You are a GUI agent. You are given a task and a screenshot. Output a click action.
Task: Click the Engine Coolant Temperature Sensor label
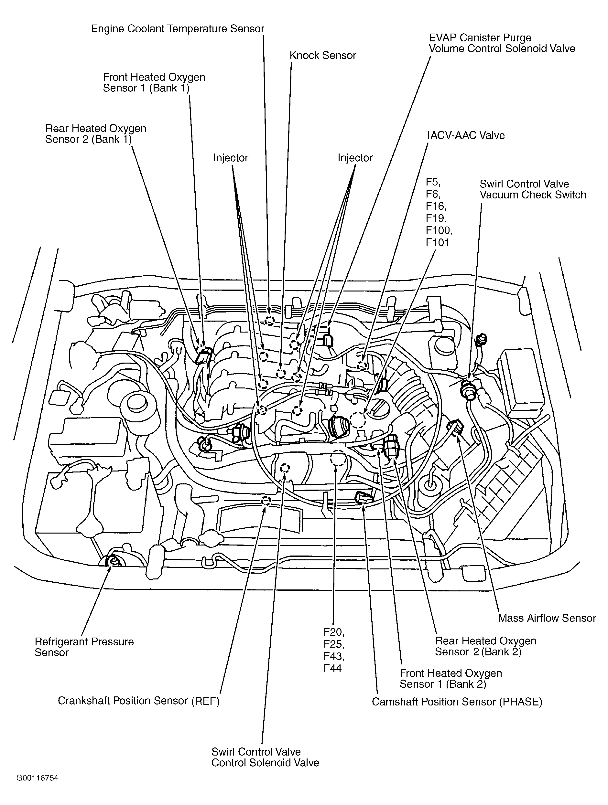(178, 29)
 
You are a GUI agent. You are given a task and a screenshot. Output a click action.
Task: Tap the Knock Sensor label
(323, 55)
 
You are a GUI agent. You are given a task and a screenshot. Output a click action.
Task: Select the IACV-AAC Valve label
(466, 135)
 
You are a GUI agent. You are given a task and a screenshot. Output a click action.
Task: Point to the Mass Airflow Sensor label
(547, 618)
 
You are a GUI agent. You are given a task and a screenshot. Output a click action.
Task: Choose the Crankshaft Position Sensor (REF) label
(139, 701)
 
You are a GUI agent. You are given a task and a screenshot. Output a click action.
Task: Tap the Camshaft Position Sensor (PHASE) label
(457, 702)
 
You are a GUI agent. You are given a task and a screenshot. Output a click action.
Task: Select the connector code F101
(438, 242)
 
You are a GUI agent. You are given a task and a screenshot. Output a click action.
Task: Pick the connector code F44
(332, 668)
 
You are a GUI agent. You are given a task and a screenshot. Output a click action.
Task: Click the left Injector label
(231, 158)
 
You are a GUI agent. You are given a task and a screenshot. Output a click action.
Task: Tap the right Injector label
(355, 158)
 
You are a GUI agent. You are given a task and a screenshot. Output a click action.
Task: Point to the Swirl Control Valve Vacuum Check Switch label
(533, 189)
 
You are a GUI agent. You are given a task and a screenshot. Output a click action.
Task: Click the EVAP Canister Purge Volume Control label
(502, 43)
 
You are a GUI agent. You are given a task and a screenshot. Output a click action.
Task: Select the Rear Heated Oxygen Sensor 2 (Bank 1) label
(96, 133)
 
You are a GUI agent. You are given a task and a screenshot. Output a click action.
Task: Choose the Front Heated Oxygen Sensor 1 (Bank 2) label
(451, 678)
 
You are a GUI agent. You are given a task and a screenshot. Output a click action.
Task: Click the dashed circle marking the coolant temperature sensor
(270, 321)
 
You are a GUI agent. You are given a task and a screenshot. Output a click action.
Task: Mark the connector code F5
(433, 182)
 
